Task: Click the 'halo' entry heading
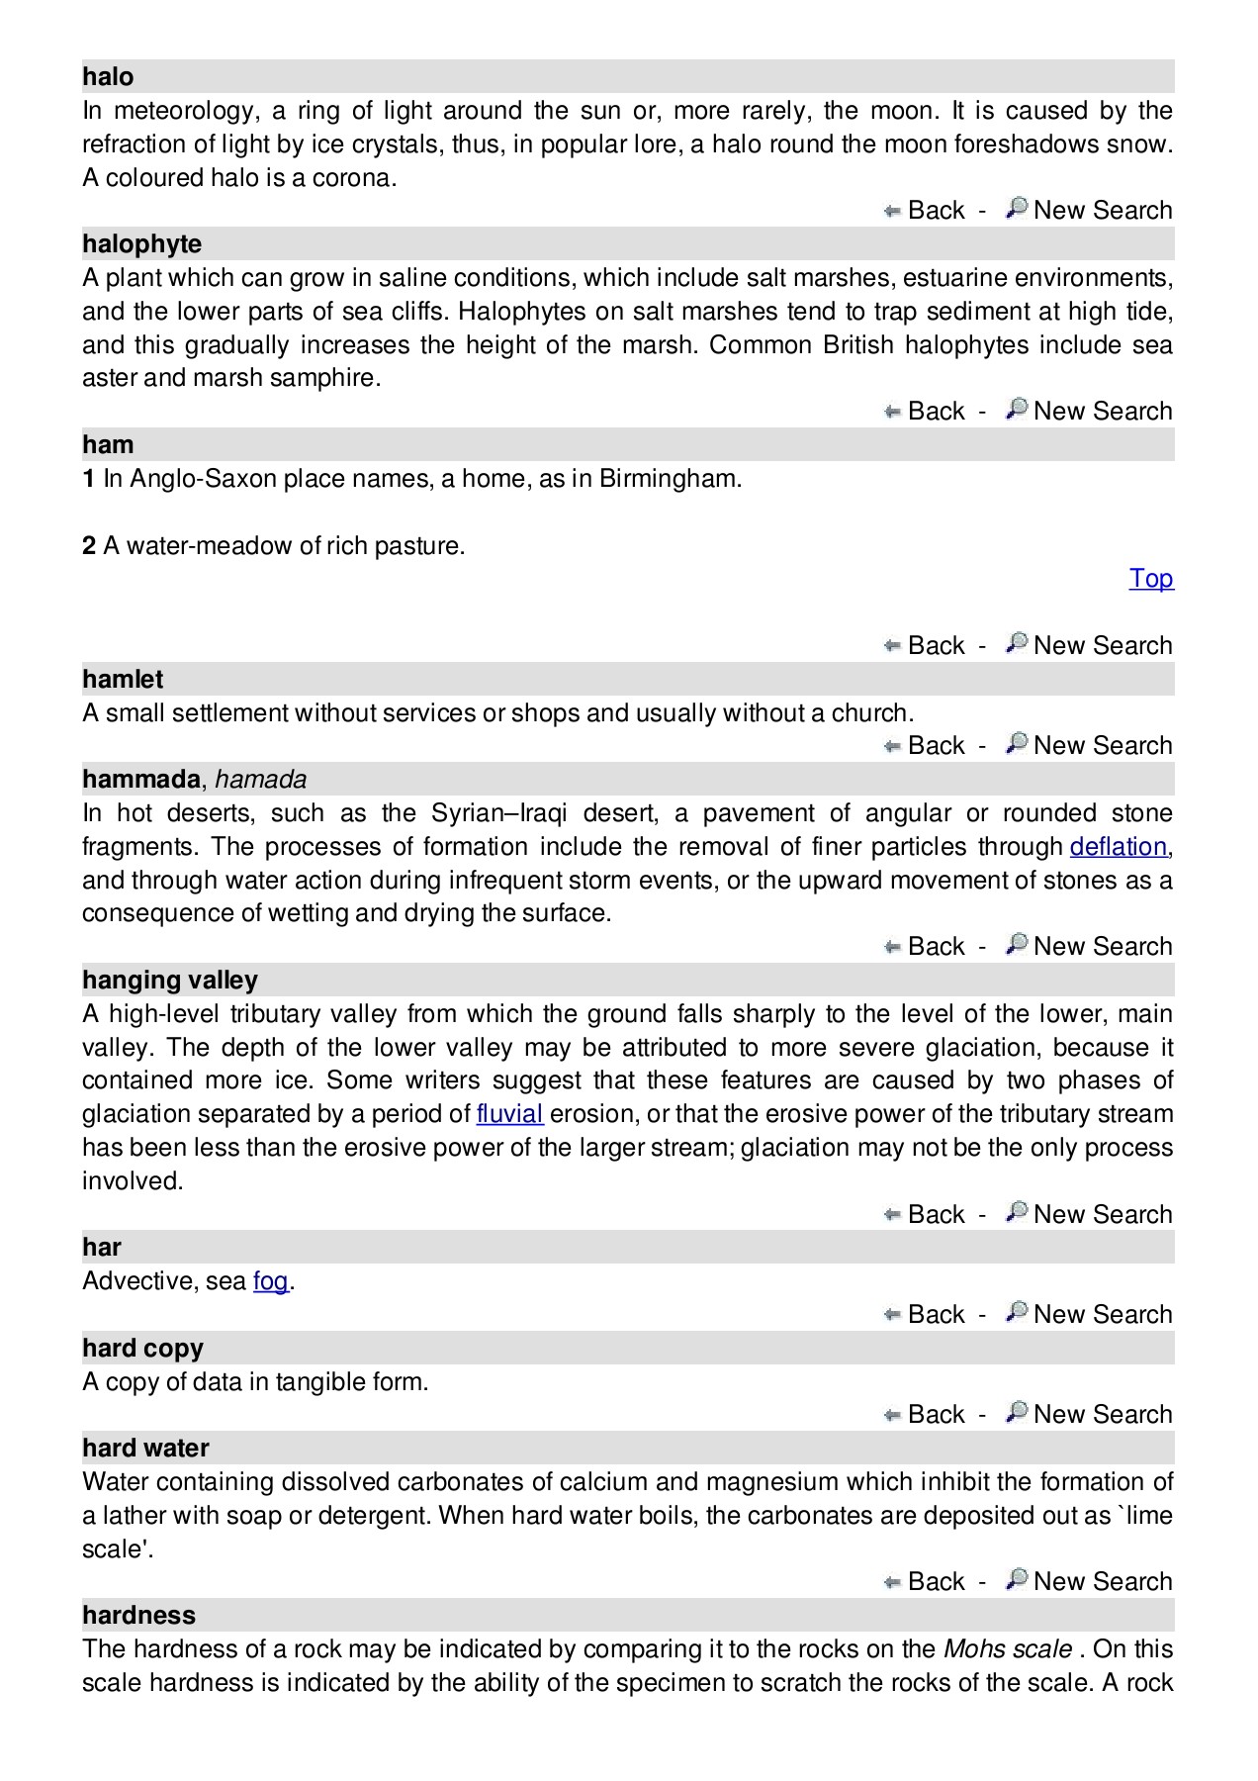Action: coord(108,77)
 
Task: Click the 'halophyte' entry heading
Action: coord(141,244)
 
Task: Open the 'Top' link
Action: coord(1150,579)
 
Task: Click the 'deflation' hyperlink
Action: coord(1118,847)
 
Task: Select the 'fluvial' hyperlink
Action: coord(509,1114)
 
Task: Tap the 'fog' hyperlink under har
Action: coord(270,1281)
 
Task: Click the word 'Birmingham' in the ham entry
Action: coord(669,479)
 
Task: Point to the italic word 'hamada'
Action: coord(260,780)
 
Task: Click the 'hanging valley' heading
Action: coord(169,981)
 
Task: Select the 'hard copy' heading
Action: coord(142,1349)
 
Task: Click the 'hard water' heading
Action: coord(145,1449)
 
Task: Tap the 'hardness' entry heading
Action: coord(138,1616)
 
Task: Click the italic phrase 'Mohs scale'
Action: coord(1007,1649)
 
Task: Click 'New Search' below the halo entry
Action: coord(1102,211)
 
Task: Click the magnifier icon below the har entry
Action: coord(1016,1312)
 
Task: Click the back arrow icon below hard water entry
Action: coord(892,1582)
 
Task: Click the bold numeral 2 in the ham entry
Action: coord(89,546)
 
